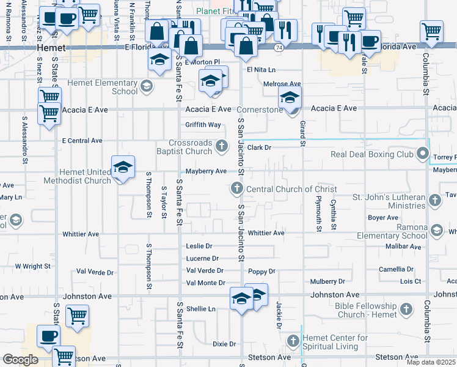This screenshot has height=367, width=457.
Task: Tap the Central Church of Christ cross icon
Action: click(236, 189)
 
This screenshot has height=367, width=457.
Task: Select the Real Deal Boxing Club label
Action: click(372, 154)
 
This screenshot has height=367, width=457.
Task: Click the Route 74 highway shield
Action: click(279, 46)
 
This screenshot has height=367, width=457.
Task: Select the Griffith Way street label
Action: click(203, 125)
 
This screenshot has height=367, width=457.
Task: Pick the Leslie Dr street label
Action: click(199, 247)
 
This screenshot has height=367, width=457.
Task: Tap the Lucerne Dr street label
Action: click(202, 259)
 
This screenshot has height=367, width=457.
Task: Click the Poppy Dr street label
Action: click(262, 271)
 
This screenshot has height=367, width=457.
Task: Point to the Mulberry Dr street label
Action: click(327, 281)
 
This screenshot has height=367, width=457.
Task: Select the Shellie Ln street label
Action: click(201, 309)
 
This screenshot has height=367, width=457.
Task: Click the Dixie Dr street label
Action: click(224, 344)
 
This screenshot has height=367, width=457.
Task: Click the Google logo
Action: click(20, 360)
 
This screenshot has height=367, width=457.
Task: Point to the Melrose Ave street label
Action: click(282, 84)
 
